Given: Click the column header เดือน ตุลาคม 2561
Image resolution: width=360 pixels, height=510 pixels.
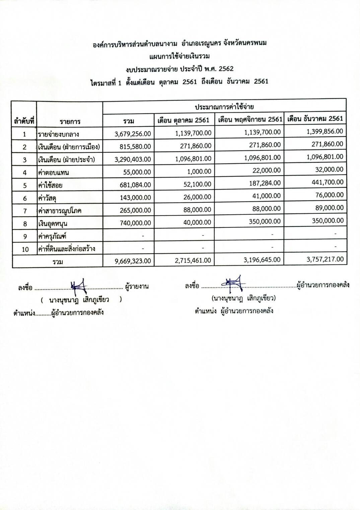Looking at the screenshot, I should pyautogui.click(x=184, y=120).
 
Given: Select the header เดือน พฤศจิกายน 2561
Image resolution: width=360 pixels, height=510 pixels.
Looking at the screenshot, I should pyautogui.click(x=250, y=119).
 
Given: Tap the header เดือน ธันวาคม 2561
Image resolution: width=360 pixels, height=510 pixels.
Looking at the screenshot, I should pyautogui.click(x=315, y=118).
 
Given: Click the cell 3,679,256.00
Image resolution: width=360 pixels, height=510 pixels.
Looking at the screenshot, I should pyautogui.click(x=133, y=134).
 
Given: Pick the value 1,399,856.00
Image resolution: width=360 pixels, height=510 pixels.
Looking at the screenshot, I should pyautogui.click(x=325, y=131).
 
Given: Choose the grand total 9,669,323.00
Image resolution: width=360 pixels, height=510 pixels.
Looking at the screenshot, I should pyautogui.click(x=133, y=261).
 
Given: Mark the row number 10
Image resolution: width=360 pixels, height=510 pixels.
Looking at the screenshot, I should pyautogui.click(x=24, y=249).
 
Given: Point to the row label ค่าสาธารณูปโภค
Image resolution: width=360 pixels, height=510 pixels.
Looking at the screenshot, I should pyautogui.click(x=60, y=211).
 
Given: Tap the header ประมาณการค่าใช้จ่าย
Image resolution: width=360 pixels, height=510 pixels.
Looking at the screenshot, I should pyautogui.click(x=224, y=107).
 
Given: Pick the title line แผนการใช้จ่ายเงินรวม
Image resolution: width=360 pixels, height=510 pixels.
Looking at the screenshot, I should pyautogui.click(x=179, y=56).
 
